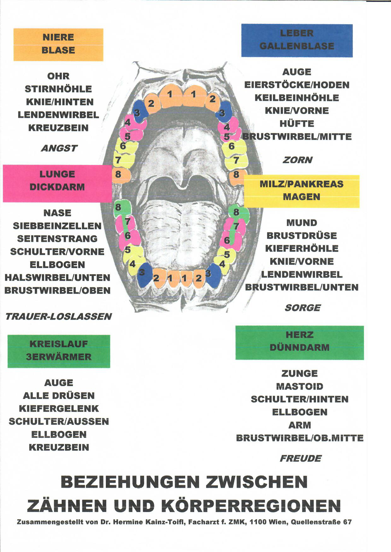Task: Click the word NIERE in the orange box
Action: tap(58, 37)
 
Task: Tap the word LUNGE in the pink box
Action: tap(57, 174)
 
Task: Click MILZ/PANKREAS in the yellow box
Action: tap(301, 184)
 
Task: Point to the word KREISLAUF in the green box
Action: tap(59, 344)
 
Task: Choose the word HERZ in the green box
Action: tap(300, 335)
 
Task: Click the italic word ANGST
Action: tap(59, 148)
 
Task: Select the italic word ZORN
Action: tap(297, 160)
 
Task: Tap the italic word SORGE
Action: tap(302, 308)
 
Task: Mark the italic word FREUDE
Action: tap(300, 458)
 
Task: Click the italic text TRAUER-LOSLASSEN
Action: tap(58, 316)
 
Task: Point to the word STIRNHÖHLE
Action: tap(58, 89)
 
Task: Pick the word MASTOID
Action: tap(300, 386)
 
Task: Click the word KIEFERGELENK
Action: tap(59, 409)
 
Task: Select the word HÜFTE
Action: tap(297, 124)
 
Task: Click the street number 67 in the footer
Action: tap(347, 522)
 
